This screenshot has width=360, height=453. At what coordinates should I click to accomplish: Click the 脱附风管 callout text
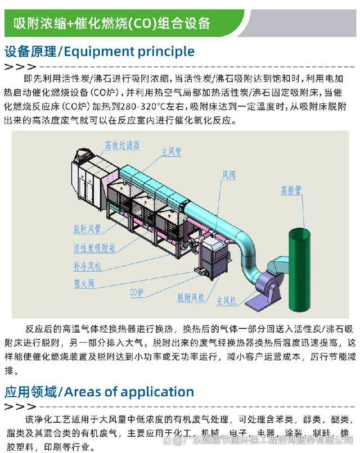(87, 229)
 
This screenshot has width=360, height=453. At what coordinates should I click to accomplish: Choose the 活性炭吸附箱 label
(94, 247)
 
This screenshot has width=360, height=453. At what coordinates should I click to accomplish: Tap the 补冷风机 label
(87, 265)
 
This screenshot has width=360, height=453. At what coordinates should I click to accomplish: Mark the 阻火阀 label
(84, 283)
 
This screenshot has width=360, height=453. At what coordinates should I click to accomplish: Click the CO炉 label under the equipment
(137, 292)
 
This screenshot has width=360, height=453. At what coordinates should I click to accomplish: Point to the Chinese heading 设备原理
(30, 52)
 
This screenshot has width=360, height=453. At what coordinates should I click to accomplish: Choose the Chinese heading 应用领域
(30, 391)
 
